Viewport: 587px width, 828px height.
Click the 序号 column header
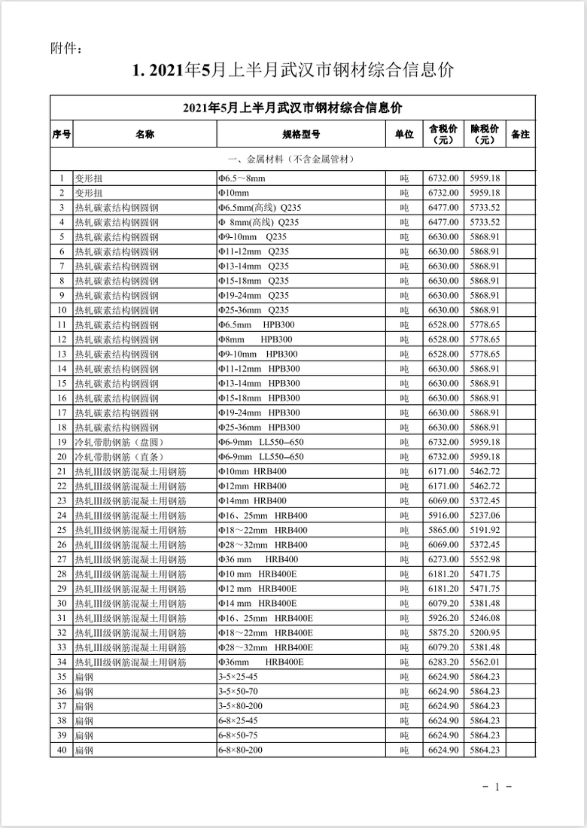click(62, 134)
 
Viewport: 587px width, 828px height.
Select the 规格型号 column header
click(301, 134)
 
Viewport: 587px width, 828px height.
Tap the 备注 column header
click(520, 134)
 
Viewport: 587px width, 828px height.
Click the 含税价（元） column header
click(443, 134)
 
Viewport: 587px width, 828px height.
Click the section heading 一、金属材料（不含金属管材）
click(293, 160)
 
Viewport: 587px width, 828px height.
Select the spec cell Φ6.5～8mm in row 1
click(242, 178)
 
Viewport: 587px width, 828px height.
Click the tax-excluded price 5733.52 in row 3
click(485, 207)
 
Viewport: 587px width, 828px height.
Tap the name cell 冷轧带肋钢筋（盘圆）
click(119, 442)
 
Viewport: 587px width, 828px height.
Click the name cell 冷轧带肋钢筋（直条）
click(119, 456)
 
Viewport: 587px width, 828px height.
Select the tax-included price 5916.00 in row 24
click(443, 515)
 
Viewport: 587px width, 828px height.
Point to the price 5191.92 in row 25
click(485, 529)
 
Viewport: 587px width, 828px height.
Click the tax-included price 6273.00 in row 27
click(443, 559)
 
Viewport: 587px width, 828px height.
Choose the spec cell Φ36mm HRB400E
click(260, 662)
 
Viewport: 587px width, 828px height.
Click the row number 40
click(62, 750)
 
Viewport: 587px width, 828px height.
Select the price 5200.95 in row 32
click(485, 632)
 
